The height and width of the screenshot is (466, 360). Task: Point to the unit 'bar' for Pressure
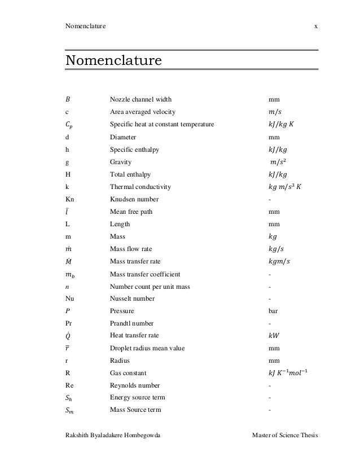[x=274, y=311]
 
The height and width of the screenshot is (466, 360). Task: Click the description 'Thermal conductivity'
[x=140, y=187]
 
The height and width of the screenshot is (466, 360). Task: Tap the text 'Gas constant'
[x=128, y=373]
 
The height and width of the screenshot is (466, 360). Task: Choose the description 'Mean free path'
[x=131, y=212]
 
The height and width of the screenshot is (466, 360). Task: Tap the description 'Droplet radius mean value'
[x=147, y=348]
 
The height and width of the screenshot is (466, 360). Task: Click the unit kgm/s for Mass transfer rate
[x=282, y=261]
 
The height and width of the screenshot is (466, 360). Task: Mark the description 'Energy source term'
[x=137, y=398]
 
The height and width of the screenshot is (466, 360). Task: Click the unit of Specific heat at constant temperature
[x=288, y=125]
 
